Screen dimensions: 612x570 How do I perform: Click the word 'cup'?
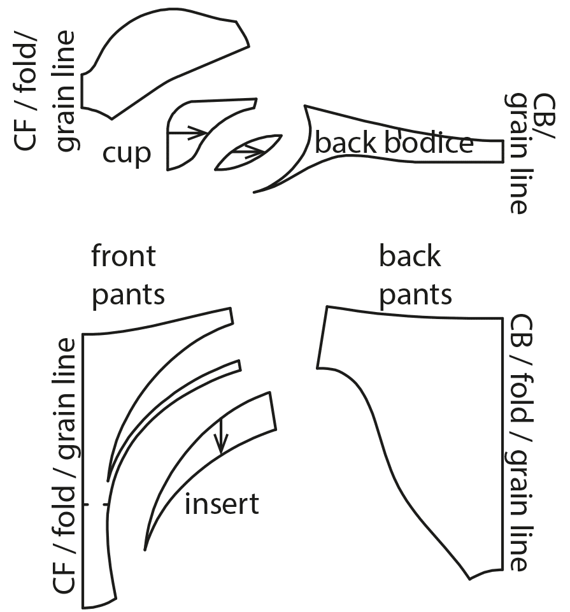point(127,153)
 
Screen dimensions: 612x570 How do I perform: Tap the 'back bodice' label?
point(394,143)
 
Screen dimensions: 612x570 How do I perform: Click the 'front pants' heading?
point(128,276)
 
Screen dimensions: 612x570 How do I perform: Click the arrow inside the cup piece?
point(189,132)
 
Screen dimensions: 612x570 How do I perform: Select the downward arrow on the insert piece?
point(221,436)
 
